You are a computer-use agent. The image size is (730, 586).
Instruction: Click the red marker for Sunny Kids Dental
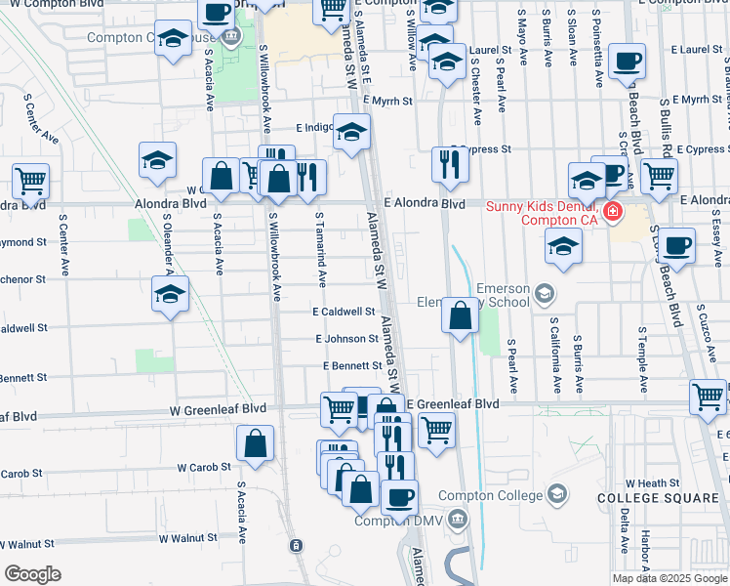click(x=612, y=212)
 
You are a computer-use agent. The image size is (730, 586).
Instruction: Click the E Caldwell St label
click(x=344, y=312)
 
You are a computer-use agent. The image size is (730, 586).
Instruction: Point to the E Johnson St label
click(x=346, y=339)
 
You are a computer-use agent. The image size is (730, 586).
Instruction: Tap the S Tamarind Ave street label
click(x=321, y=250)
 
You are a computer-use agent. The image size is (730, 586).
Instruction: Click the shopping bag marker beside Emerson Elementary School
click(x=460, y=316)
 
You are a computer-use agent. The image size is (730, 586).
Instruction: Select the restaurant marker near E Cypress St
click(x=450, y=163)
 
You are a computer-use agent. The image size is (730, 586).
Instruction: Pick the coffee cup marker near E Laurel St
click(x=626, y=62)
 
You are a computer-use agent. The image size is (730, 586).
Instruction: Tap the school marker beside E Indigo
click(x=350, y=131)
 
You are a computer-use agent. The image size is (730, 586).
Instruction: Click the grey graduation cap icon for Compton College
click(x=557, y=492)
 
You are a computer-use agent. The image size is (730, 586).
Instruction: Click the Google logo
click(x=32, y=574)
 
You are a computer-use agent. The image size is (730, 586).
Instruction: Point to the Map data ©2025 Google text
click(x=669, y=578)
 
